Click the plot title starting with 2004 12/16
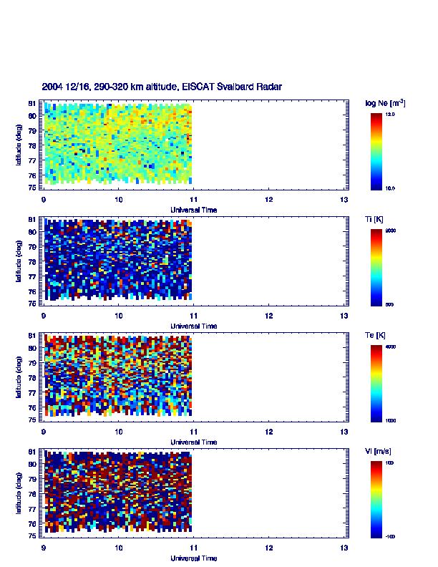[x=162, y=87]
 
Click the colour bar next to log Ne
[x=376, y=150]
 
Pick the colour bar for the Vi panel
[x=376, y=499]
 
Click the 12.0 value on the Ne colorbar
[x=391, y=114]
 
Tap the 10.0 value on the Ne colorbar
[x=391, y=188]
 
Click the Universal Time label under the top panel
[x=194, y=210]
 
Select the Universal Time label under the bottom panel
[x=194, y=558]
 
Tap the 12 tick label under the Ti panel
[x=268, y=316]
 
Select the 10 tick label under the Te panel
[x=119, y=432]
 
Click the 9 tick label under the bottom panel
[x=44, y=548]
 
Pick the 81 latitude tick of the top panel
[x=33, y=104]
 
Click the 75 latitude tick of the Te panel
[x=33, y=420]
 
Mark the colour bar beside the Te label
[x=376, y=383]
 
